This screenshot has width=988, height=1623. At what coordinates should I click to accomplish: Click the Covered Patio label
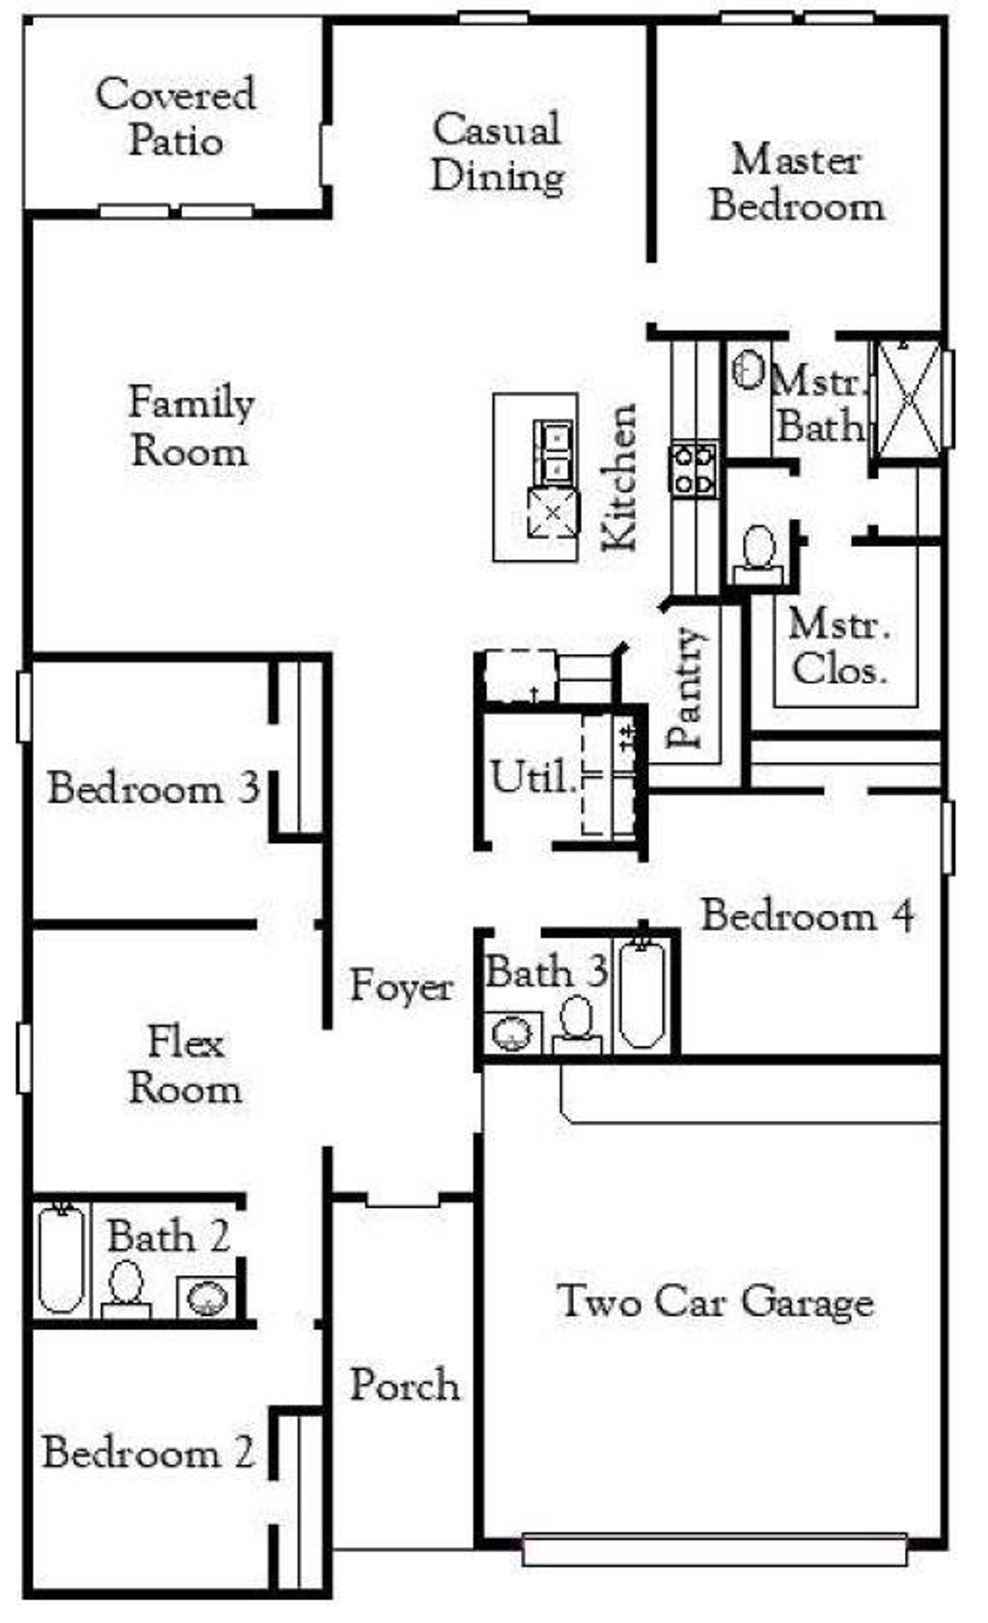[175, 117]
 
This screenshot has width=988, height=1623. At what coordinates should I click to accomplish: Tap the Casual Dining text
[498, 153]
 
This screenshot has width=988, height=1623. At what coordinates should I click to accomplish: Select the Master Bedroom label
[797, 184]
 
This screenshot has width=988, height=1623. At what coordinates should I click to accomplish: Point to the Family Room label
[191, 426]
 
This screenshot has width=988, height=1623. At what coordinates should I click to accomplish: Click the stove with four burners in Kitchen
[695, 469]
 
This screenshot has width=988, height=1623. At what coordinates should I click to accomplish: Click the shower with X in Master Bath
[908, 398]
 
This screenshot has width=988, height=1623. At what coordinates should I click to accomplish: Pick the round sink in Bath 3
[512, 1033]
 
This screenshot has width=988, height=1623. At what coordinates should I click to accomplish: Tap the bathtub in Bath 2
[62, 1260]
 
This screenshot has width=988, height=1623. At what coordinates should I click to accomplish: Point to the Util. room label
[533, 777]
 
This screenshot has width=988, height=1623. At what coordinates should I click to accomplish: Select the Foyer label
[401, 986]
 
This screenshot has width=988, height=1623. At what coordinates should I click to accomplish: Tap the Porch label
[404, 1384]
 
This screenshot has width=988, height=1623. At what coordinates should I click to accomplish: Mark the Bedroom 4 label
[807, 917]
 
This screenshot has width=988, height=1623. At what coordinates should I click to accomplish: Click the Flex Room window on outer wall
[24, 1058]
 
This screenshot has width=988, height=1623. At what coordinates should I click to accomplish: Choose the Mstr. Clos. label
[839, 647]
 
